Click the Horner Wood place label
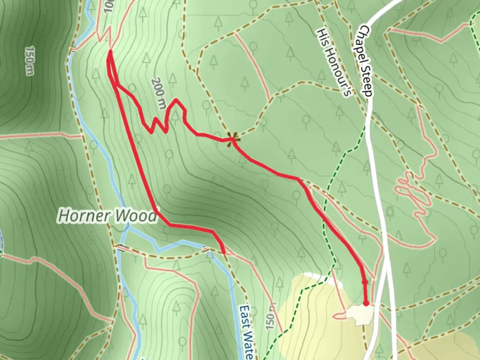[x=107, y=216]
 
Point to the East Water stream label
[x=246, y=332]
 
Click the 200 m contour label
[x=159, y=94]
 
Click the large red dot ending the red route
[x=366, y=303]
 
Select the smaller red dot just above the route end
[x=365, y=282]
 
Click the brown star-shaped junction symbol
[x=231, y=139]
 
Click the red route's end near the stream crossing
[x=224, y=253]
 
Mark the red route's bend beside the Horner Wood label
[x=155, y=211]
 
